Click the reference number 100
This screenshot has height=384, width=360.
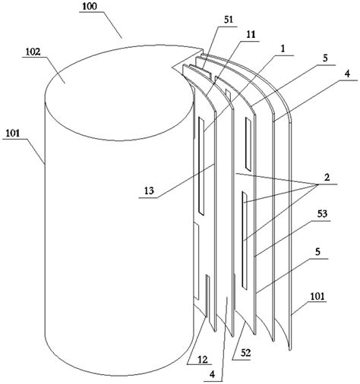point(89,7)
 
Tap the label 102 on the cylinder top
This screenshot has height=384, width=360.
point(33,52)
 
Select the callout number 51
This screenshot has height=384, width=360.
point(229,20)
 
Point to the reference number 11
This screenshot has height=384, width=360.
point(251,35)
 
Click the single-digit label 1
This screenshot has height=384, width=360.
point(283,49)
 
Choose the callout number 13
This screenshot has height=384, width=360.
point(150,190)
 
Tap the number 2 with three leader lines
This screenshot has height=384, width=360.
point(327,178)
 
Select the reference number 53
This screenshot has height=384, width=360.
point(322,214)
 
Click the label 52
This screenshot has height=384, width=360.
point(245,353)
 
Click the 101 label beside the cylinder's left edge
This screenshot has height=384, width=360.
point(13,134)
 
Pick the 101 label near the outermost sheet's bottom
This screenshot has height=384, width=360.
point(317,296)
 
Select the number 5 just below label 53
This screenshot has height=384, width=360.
point(317,252)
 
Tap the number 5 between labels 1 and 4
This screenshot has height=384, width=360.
point(325,58)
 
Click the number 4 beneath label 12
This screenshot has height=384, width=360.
point(213,374)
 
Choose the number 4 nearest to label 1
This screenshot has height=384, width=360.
point(348,74)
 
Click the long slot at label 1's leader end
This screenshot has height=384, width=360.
point(201,166)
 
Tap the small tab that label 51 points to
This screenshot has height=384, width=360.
point(201,71)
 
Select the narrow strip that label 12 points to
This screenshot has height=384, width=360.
point(207,297)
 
